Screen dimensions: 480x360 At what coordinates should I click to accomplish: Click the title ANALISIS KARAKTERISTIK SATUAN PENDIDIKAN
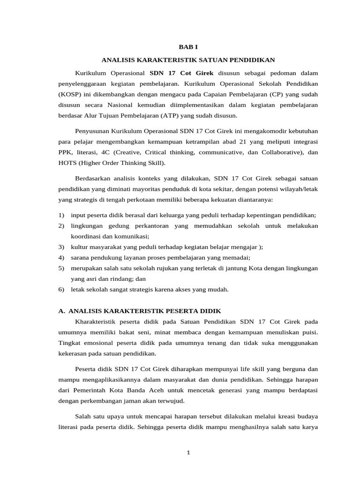(x=188, y=60)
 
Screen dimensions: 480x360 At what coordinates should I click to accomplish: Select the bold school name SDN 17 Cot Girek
(x=181, y=73)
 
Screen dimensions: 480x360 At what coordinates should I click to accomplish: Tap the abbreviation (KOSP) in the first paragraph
(x=69, y=94)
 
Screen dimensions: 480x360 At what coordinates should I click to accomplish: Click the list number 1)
(x=61, y=215)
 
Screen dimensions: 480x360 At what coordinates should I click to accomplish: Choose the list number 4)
(x=61, y=257)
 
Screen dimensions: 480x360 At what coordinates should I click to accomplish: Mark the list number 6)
(x=61, y=289)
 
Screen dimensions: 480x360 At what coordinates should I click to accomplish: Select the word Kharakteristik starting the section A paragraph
(x=97, y=322)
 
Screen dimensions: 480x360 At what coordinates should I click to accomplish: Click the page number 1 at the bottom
(x=188, y=453)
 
